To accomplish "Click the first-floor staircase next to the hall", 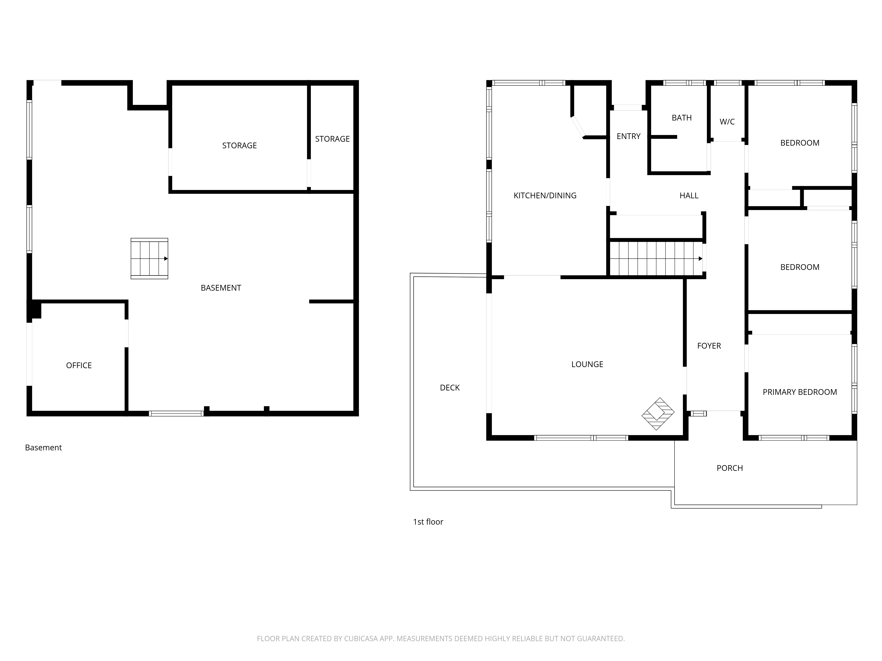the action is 656,259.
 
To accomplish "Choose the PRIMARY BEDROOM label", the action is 800,392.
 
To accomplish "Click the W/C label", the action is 727,122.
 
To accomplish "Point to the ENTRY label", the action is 628,136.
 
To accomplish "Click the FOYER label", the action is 709,346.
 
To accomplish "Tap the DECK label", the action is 450,388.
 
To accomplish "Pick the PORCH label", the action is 730,468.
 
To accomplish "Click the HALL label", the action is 689,196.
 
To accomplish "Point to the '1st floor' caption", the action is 428,522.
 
